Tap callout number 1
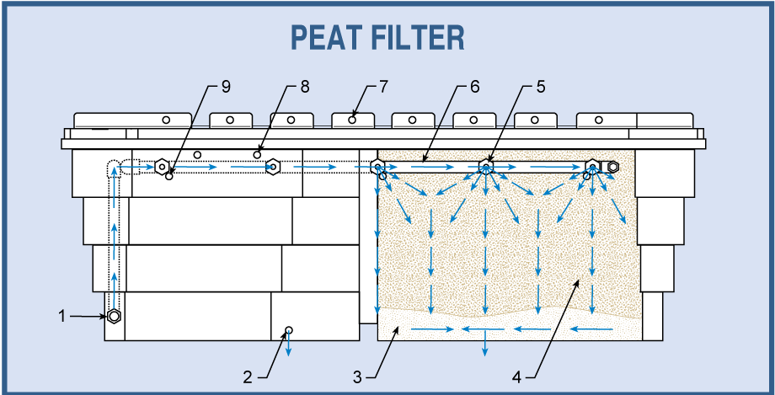pos(61,316)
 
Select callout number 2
pos(247,376)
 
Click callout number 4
pos(516,376)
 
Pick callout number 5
pos(541,86)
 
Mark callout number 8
pos(305,86)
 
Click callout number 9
pos(226,86)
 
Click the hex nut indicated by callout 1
pos(114,317)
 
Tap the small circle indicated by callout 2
pos(289,329)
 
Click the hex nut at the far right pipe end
pos(613,167)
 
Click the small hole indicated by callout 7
pos(352,120)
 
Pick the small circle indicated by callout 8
pos(257,154)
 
